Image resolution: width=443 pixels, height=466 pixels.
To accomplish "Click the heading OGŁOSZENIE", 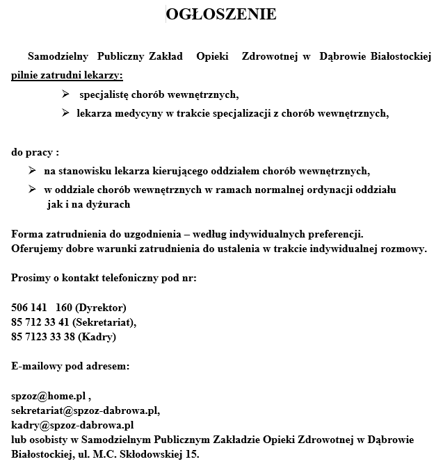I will point(221,15).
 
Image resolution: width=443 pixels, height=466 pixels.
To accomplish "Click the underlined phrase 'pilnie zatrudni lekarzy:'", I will point(67,74).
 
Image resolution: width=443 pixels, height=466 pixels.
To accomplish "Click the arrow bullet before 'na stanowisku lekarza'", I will point(32,170).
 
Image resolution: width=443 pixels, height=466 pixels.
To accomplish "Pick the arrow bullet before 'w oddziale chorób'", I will point(32,189).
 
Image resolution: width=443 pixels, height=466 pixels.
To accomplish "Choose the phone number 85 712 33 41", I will point(40,322).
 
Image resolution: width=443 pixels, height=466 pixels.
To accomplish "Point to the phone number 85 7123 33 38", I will point(42,338).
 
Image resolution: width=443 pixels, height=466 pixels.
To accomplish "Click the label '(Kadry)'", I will point(97,338).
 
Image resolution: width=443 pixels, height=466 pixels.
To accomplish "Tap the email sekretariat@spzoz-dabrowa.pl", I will point(85,410).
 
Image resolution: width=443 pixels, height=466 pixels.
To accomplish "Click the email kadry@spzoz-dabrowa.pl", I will point(72,425).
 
